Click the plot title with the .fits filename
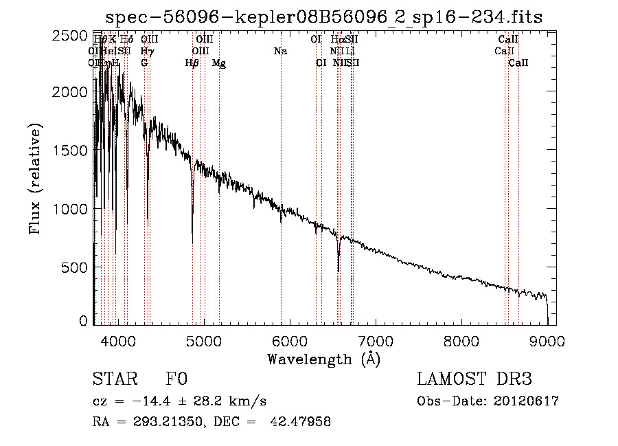[324, 18]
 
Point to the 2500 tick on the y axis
[71, 36]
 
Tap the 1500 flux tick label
[71, 150]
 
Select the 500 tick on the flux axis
[76, 267]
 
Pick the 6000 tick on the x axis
[290, 339]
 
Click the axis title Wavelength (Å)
[323, 359]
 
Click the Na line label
[280, 52]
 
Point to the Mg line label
[219, 63]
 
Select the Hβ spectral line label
[192, 63]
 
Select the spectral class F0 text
[176, 380]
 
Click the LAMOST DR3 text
[474, 380]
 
